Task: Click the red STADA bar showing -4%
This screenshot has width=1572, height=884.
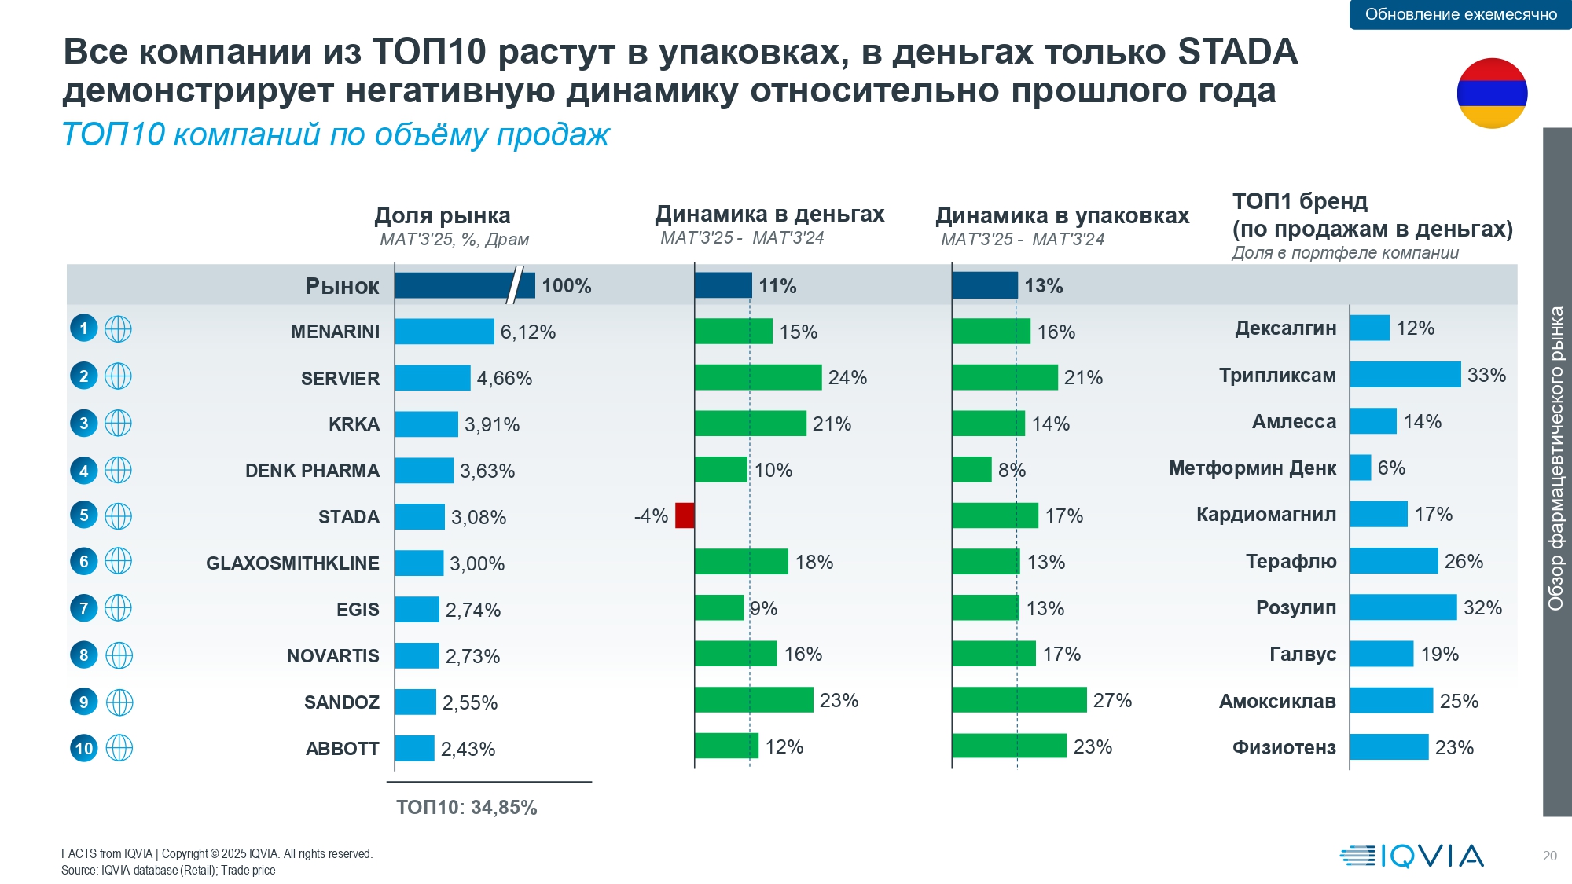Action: click(685, 515)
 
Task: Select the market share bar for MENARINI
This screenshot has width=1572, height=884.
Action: click(444, 332)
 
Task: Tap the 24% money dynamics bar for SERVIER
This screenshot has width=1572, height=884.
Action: click(758, 377)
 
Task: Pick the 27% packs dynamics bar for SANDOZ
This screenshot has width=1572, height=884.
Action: click(1019, 699)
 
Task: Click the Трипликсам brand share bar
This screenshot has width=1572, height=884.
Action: click(1405, 375)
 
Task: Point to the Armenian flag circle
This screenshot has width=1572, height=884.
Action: click(1492, 93)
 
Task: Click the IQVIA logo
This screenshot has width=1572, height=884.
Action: click(1412, 856)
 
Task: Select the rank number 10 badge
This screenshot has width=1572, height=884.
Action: click(84, 748)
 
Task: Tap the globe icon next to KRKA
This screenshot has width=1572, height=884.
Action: click(118, 424)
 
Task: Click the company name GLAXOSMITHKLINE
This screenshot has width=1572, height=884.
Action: click(292, 563)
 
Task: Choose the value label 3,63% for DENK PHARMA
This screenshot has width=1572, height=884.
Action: click(487, 471)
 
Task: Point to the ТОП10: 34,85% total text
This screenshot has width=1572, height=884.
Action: click(466, 808)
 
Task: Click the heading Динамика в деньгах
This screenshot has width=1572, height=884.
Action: click(769, 214)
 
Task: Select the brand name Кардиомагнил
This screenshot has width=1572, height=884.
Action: click(1265, 515)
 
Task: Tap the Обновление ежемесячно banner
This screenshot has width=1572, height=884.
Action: click(1460, 14)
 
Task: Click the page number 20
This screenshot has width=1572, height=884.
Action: click(1549, 856)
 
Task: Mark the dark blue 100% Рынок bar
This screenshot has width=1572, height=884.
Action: click(464, 285)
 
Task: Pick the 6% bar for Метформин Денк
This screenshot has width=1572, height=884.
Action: click(1361, 468)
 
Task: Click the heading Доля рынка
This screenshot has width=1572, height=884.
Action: click(443, 215)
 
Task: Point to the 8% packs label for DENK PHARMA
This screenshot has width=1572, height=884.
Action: click(1012, 470)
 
